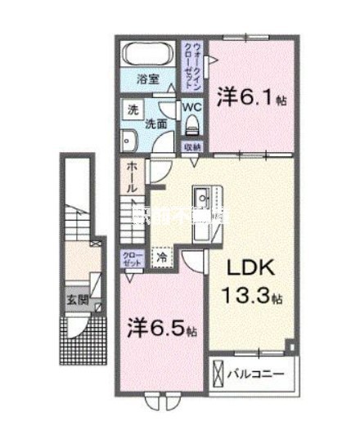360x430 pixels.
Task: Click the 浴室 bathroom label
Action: click(x=147, y=80)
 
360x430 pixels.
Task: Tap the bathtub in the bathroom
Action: click(x=147, y=56)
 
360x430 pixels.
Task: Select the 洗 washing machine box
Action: click(x=131, y=109)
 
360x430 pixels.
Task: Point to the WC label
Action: click(x=191, y=106)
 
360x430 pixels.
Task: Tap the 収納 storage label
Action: click(x=192, y=147)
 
